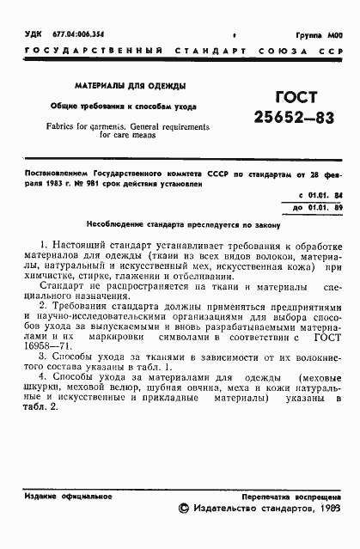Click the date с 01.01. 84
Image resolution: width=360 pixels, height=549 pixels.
(x=318, y=195)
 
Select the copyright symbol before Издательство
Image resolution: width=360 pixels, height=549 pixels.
(x=182, y=509)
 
